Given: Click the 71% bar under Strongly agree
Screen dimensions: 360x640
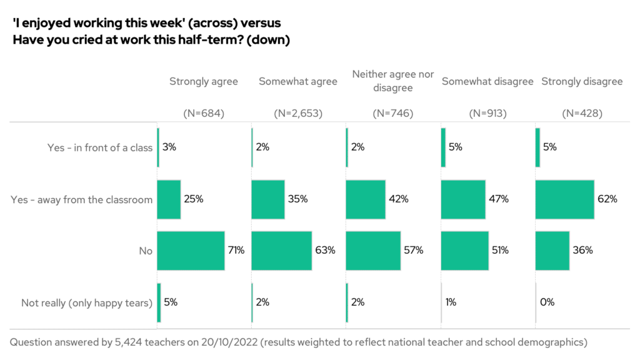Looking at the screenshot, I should click(191, 251).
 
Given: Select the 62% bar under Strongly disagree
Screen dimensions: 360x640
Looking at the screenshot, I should click(564, 199).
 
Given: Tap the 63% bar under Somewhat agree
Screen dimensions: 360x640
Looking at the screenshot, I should click(281, 251).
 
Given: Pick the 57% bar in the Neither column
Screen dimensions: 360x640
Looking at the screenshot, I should click(373, 251).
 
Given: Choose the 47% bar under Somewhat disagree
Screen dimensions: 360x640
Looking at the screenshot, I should click(463, 199).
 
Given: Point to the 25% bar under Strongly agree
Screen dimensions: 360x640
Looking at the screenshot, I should click(169, 199).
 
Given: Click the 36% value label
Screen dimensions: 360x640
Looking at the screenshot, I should click(583, 251).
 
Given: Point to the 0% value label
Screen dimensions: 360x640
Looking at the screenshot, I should click(547, 302).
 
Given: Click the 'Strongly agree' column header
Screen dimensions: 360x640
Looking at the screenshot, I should click(204, 81).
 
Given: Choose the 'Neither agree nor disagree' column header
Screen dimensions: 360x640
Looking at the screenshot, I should click(393, 81).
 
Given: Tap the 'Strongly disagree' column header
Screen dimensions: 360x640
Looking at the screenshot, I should click(582, 81).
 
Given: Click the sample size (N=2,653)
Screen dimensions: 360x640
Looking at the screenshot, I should click(298, 114).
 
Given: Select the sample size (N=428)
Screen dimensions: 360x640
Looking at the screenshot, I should click(582, 114).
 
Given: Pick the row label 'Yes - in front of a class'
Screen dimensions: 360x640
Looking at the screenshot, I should click(100, 148).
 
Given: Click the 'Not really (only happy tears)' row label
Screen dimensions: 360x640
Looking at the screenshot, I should click(87, 303).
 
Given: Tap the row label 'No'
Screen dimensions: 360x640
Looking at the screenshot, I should click(146, 251).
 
